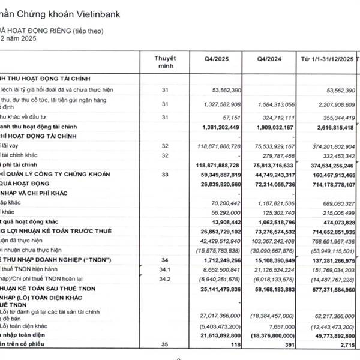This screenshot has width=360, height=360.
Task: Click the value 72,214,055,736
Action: (268, 184)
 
